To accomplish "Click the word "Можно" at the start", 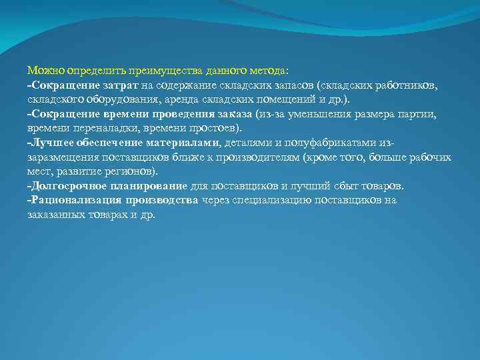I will tap(42, 70).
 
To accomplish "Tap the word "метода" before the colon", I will tap(267, 70).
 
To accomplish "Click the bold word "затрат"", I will tap(121, 85).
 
